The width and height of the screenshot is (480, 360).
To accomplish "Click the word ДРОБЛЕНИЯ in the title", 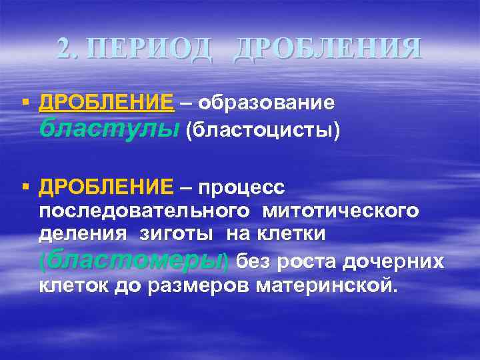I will [x=327, y=49].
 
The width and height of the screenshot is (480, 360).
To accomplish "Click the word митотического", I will [x=341, y=211].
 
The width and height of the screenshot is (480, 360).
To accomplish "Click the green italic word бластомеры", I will [x=133, y=260].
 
